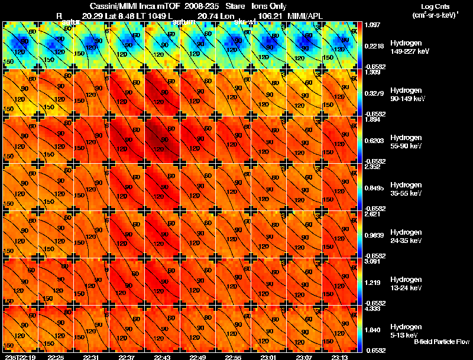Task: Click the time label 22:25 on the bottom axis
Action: click(x=56, y=357)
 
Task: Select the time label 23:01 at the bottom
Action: click(x=269, y=357)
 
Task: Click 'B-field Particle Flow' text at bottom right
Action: click(x=442, y=342)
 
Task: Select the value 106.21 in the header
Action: click(x=263, y=14)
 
